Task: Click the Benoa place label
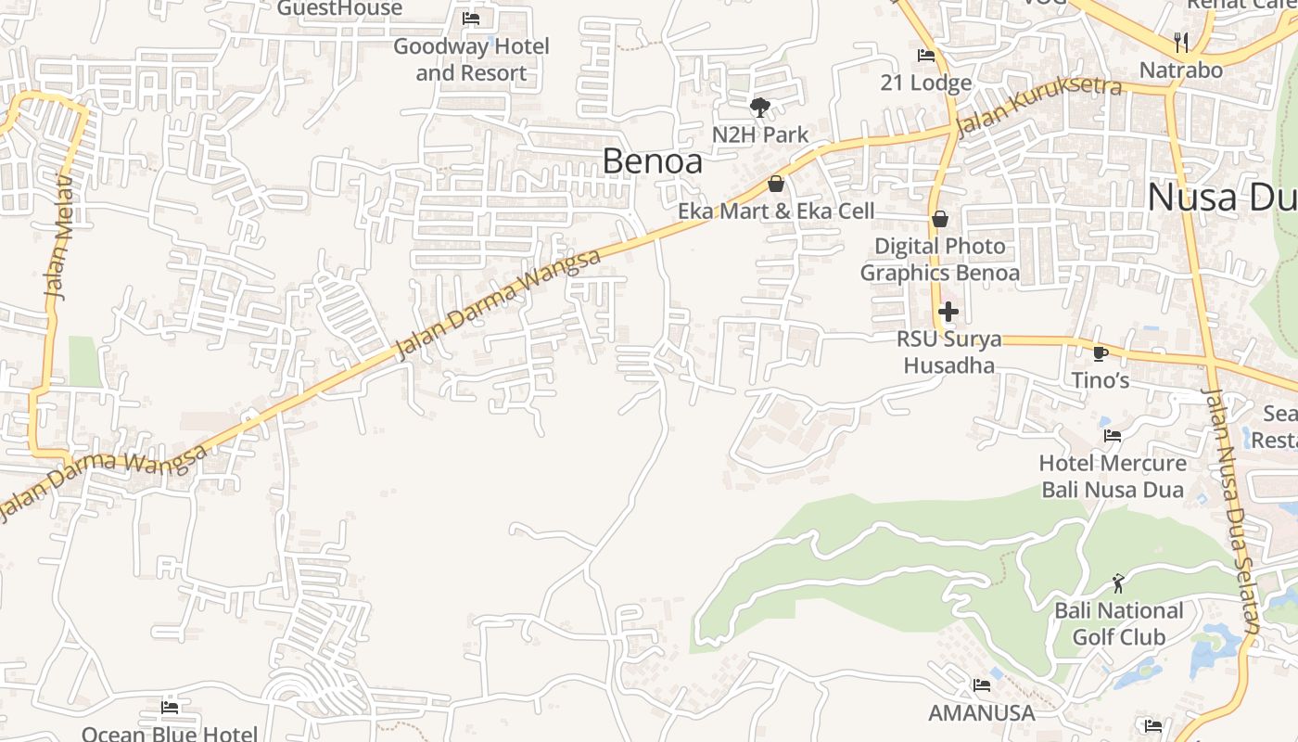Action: coord(652,160)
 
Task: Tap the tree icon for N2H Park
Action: coord(760,107)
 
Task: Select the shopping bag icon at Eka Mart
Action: coord(776,184)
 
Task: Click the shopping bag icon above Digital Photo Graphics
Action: coord(939,219)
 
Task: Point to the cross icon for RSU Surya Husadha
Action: coord(948,312)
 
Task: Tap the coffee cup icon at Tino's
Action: coord(1101,353)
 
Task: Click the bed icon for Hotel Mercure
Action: coord(1113,435)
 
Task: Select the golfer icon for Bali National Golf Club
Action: coord(1118,583)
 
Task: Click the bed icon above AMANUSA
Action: coord(981,685)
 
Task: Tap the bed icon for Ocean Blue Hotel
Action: coord(170,708)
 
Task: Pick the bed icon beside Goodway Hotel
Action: coord(471,19)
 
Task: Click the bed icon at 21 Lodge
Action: coord(925,56)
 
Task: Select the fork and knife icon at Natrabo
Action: coord(1180,42)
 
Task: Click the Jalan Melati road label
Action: coord(59,237)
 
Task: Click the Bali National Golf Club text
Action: coord(1118,624)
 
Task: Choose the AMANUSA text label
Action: coord(981,712)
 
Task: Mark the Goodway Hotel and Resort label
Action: coord(471,59)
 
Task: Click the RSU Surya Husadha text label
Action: coord(948,352)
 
